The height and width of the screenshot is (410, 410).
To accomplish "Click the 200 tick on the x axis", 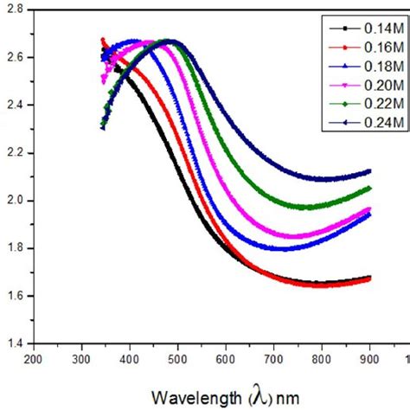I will pyautogui.click(x=33, y=358).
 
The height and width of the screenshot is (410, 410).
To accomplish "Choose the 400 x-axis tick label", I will pyautogui.click(x=130, y=358).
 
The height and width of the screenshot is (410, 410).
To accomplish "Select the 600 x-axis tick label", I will pyautogui.click(x=226, y=358).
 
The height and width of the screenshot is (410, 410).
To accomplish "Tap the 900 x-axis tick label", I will pyautogui.click(x=370, y=358).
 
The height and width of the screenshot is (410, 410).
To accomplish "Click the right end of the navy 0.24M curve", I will pyautogui.click(x=370, y=171).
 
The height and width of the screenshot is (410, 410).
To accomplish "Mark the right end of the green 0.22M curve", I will pyautogui.click(x=370, y=188).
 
